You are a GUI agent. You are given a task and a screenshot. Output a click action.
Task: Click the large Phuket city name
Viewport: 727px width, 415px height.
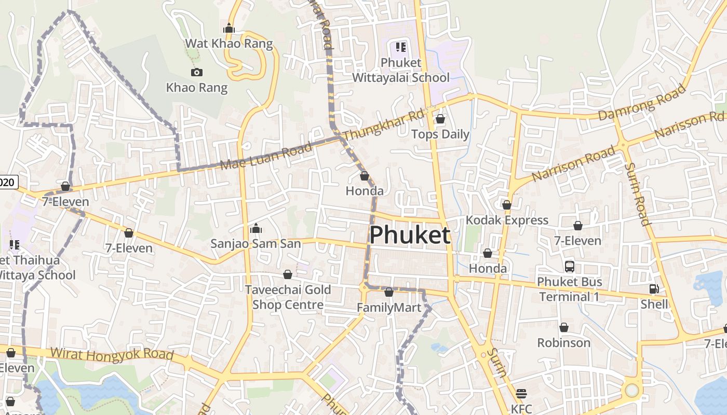pos(409,235)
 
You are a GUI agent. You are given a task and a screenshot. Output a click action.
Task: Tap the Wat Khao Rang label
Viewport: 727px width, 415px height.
pos(229,43)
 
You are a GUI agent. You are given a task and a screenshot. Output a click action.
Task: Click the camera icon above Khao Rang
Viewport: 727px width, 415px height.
pos(196,72)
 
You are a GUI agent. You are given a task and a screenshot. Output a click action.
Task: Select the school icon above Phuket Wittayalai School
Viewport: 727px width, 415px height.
pos(400,47)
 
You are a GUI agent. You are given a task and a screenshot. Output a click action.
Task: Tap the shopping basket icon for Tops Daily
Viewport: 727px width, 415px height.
pos(440,119)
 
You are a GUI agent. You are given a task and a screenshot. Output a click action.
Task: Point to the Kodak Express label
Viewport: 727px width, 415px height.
pos(507,220)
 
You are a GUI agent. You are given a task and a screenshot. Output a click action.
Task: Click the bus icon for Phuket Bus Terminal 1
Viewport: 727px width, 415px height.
pos(570,267)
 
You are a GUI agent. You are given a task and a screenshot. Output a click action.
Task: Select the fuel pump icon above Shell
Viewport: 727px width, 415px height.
pos(654,289)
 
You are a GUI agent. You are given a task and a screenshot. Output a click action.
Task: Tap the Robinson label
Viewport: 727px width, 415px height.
pos(563,343)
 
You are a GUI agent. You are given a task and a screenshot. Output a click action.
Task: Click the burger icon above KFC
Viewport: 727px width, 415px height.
pos(521,393)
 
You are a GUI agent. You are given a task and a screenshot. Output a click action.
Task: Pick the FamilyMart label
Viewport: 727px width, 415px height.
pos(389,308)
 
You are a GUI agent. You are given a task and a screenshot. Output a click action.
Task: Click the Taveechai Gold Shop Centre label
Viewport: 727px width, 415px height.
pos(288,297)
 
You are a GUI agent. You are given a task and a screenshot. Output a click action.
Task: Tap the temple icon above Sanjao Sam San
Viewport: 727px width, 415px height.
pos(255,228)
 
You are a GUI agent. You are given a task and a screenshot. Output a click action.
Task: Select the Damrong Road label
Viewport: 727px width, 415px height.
pos(642,102)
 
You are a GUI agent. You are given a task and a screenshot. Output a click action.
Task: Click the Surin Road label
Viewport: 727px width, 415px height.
pos(637,194)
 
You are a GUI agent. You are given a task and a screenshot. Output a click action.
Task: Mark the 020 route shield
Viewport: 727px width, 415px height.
pos(8,182)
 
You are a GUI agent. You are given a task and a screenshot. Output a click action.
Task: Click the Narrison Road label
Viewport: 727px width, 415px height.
pos(573,164)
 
